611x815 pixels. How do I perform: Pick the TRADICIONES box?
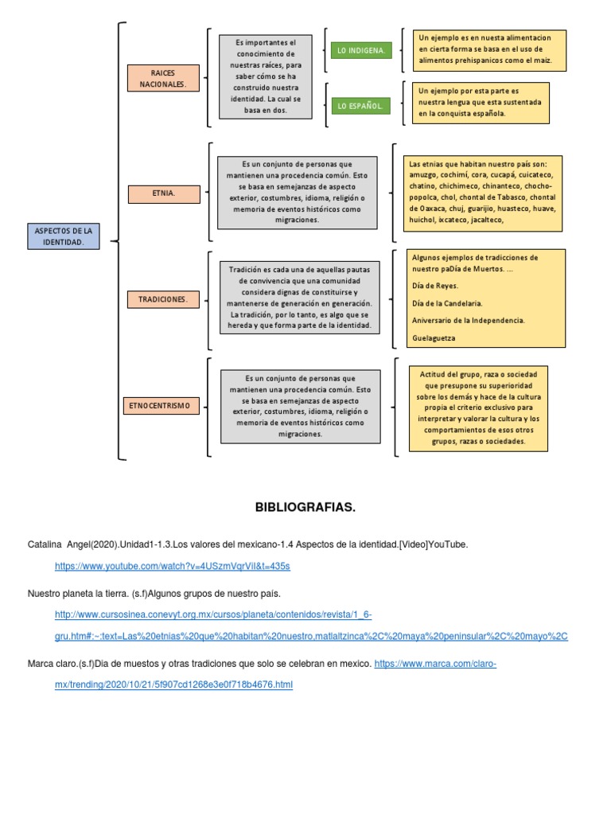point(162,299)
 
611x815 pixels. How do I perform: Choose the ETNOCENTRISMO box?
point(159,406)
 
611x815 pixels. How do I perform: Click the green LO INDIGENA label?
point(360,51)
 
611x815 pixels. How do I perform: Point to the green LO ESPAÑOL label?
point(360,105)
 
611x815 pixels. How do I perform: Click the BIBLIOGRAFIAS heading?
point(305,507)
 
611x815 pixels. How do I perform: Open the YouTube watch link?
point(173,566)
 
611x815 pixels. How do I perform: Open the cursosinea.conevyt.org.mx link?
point(212,615)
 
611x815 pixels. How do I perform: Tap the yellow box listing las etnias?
point(482,192)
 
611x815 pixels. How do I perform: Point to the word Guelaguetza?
point(434,338)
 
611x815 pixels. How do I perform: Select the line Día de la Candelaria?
point(447,303)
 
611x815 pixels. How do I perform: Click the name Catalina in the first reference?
point(45,544)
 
